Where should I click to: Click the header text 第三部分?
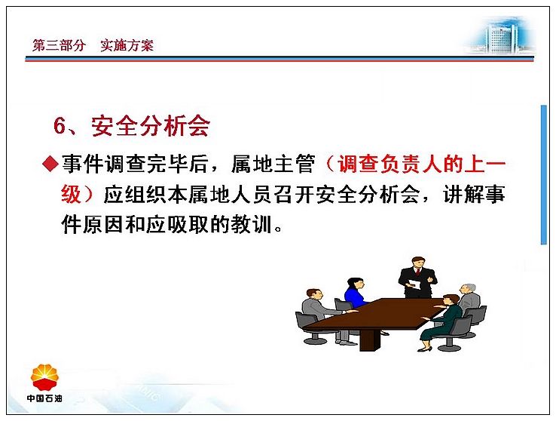tap(60, 45)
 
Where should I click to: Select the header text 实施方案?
tap(127, 45)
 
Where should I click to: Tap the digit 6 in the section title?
tap(60, 126)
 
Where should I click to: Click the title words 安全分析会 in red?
tap(151, 126)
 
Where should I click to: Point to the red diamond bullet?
tap(50, 164)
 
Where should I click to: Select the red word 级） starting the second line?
tap(78, 195)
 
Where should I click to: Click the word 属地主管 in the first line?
tap(273, 164)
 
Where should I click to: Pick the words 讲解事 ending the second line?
tap(474, 195)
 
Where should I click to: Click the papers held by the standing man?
tap(414, 284)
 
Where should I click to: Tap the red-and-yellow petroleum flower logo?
tap(44, 377)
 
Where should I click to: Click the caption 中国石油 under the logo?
tap(44, 398)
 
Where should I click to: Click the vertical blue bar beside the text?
tap(544, 174)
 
